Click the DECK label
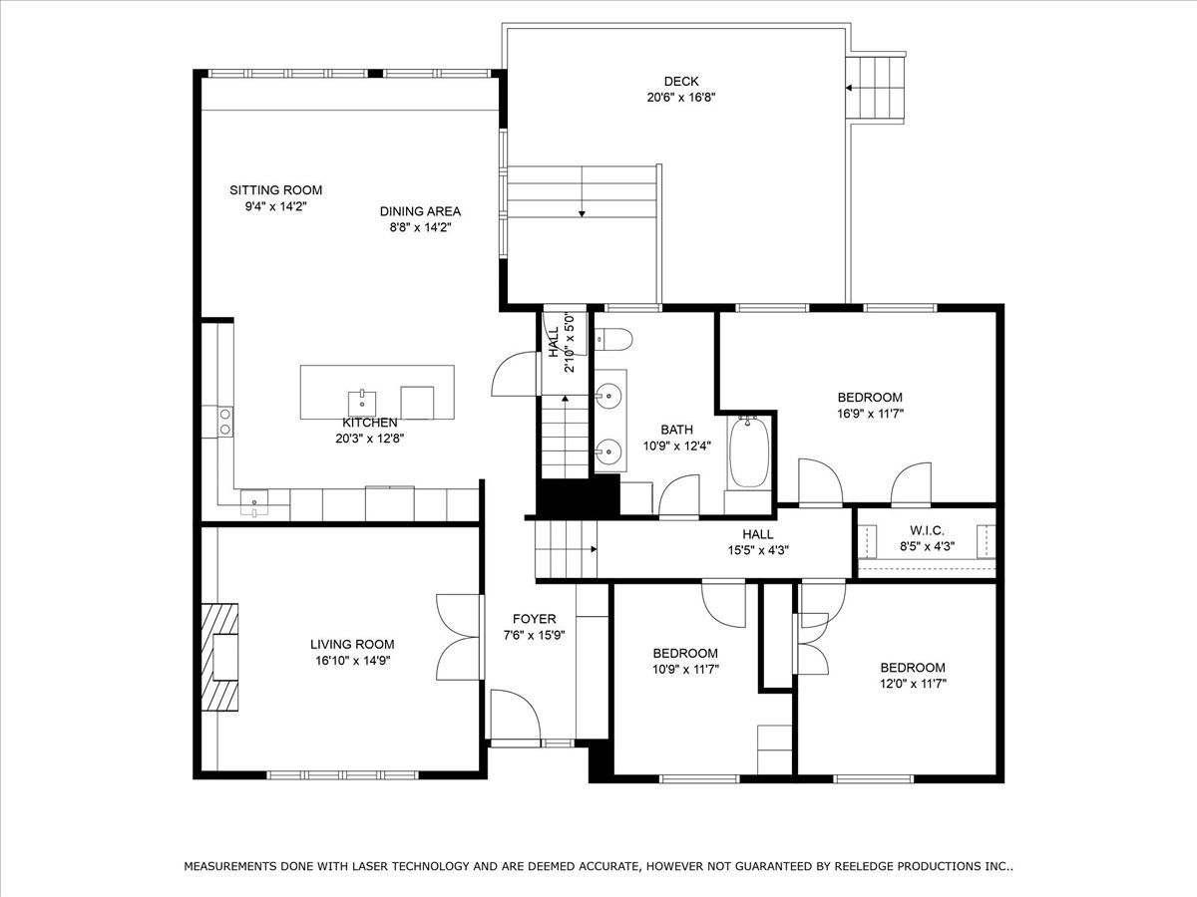[x=681, y=82]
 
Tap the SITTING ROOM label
[x=276, y=190]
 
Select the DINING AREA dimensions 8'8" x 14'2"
[x=420, y=227]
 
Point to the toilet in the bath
[x=612, y=339]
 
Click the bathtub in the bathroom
[x=749, y=452]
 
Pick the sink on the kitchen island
[x=362, y=403]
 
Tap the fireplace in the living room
[x=220, y=658]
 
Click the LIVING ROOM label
[x=352, y=644]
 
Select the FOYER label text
[x=535, y=619]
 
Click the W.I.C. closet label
[x=927, y=530]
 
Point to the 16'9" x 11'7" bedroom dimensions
[x=871, y=414]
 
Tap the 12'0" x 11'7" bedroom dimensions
[x=913, y=684]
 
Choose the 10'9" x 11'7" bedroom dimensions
[x=685, y=670]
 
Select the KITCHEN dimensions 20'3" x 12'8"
[x=370, y=439]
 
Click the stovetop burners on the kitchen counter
[x=224, y=422]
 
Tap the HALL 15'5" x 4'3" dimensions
[x=758, y=550]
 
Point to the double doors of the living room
[x=460, y=637]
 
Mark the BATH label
[x=676, y=430]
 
